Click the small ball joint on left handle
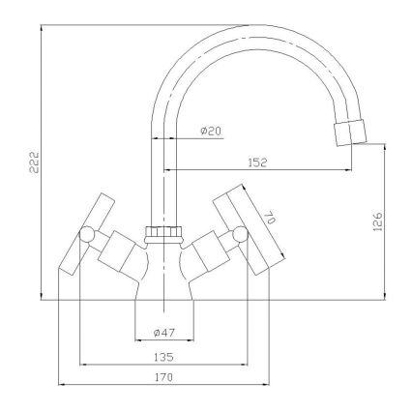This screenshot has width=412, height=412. click(x=88, y=234)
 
